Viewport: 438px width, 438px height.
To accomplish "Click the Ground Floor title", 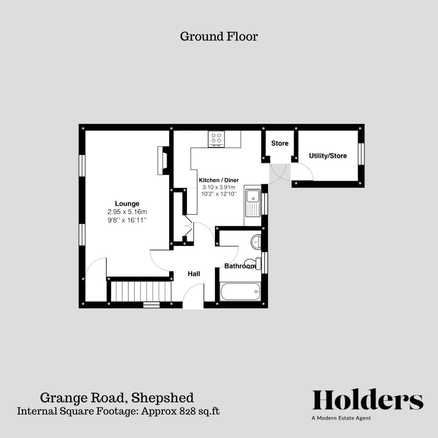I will (x=219, y=36).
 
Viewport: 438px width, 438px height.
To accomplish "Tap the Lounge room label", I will (x=127, y=204).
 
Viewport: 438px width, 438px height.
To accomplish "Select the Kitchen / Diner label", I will (x=219, y=180).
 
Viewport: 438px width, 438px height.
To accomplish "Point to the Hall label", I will (x=194, y=274).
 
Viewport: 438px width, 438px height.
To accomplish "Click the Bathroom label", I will (x=240, y=266).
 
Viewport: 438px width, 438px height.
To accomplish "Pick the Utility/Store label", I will (x=328, y=156).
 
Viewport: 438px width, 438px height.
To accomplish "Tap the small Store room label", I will (x=280, y=143).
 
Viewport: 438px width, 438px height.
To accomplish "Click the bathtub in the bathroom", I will (x=240, y=292).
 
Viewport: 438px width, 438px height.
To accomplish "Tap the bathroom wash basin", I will (x=255, y=242).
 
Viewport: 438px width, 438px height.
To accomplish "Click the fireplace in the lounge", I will (x=163, y=160).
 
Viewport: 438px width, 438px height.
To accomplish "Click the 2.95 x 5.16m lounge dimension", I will (x=127, y=212).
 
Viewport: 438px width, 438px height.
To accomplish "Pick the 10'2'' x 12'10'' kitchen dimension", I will (x=219, y=194).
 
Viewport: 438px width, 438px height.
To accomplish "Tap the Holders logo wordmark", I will (x=367, y=400).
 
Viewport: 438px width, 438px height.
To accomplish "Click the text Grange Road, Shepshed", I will (x=117, y=397).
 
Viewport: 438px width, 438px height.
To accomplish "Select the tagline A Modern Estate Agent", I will (x=341, y=418).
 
